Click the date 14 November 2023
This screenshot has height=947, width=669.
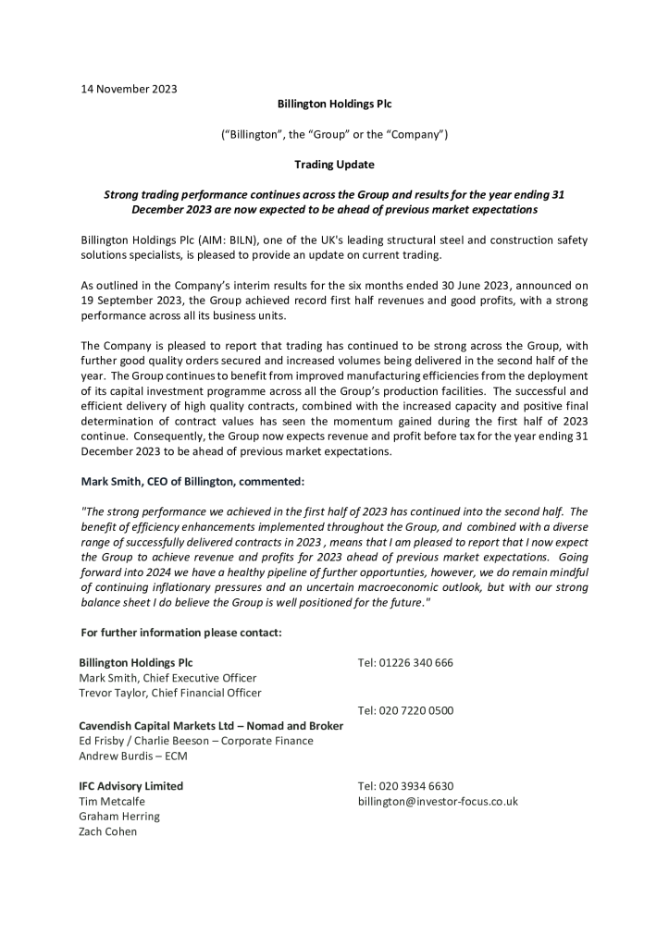coord(129,89)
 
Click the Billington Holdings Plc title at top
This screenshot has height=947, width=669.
coord(334,105)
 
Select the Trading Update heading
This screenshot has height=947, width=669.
coord(334,165)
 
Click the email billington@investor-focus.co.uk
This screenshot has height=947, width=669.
coord(438,801)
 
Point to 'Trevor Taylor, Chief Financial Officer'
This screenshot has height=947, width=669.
coord(170,693)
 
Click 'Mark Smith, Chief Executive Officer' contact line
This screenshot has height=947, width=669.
coord(167,678)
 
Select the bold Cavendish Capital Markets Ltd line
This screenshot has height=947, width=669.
coord(211,726)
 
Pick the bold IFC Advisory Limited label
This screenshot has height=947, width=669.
coord(131,786)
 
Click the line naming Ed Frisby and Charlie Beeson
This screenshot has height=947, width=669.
coord(196,741)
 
